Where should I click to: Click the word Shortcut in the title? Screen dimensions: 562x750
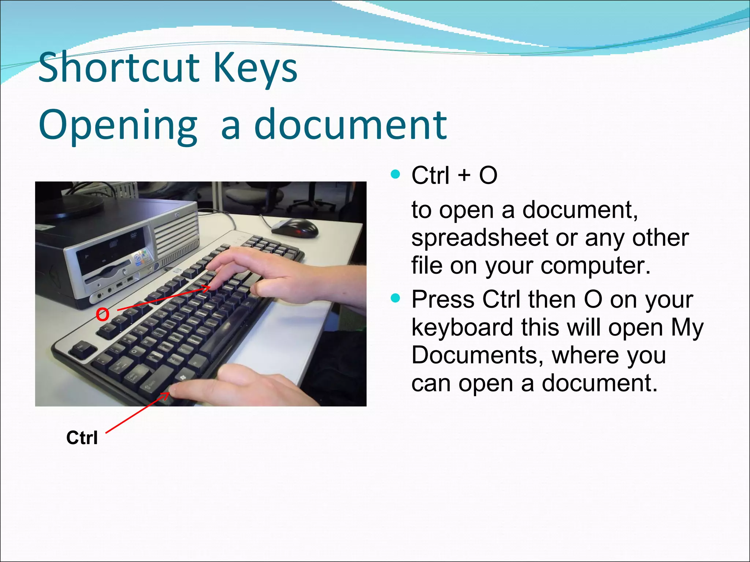[119, 68]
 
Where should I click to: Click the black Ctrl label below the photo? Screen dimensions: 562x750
[82, 438]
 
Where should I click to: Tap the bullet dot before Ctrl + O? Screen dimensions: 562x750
[395, 174]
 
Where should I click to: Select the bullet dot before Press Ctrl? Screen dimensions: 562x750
[395, 298]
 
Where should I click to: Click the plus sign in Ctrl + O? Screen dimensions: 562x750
[464, 175]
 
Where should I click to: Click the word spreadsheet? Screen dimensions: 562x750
[479, 238]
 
